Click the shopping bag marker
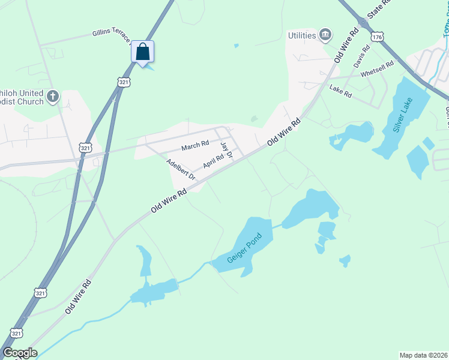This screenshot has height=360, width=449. (142, 52)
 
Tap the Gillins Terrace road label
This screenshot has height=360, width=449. (112, 37)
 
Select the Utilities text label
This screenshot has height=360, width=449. (301, 35)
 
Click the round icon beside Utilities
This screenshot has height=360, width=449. (326, 35)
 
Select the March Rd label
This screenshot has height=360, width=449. (195, 145)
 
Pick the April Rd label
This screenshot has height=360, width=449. (213, 161)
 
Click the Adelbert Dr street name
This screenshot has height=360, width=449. (181, 170)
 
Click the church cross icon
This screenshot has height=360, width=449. (53, 96)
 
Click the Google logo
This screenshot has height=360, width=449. (20, 353)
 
